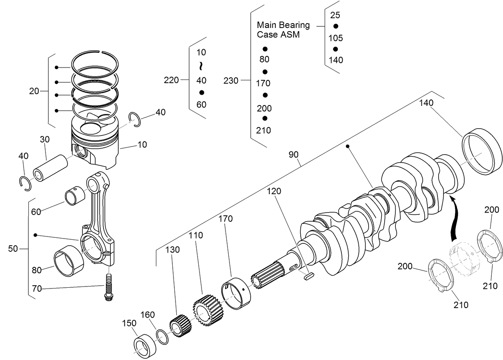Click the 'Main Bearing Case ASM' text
[283, 30]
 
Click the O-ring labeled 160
[162, 337]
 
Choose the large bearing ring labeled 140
[482, 151]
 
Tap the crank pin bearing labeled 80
[68, 263]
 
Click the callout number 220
[171, 80]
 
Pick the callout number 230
[231, 81]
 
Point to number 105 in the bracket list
[336, 38]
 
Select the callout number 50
[13, 249]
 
